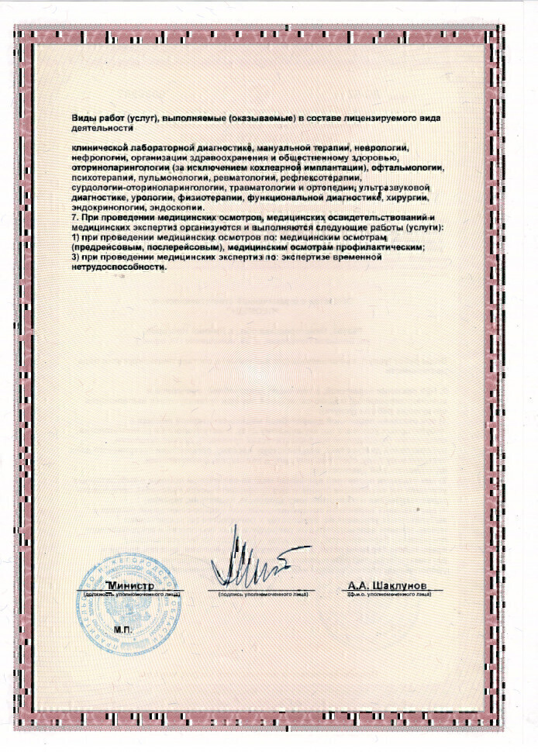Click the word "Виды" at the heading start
click(83, 117)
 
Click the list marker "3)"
click(75, 257)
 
